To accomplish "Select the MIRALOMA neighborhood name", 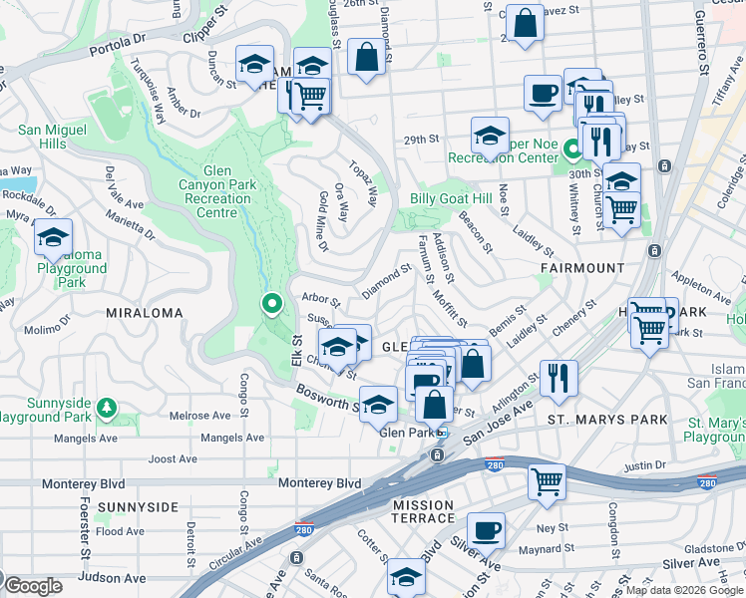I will coord(144,313).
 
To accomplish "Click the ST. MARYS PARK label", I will coord(607,421).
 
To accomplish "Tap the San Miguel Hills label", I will coord(56,137).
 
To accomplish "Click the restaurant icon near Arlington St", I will coord(559,378).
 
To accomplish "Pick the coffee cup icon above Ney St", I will coord(486,529).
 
